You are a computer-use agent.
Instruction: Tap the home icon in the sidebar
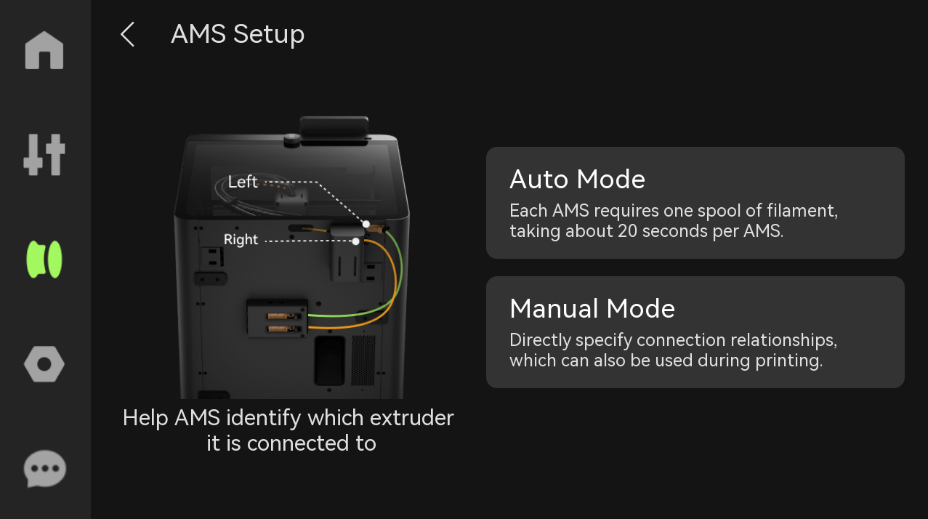point(44,50)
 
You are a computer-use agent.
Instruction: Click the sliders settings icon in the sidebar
point(44,155)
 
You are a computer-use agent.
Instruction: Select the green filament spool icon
point(44,259)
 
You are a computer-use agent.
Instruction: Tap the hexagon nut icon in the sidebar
point(44,364)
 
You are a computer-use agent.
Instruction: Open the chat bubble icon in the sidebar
point(45,468)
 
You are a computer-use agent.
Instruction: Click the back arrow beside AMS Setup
point(128,34)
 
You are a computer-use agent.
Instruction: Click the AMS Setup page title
point(238,34)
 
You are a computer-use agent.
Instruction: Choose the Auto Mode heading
point(577,179)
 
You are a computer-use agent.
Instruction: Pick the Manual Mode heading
point(592,308)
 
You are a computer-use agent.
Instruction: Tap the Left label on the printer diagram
point(243,182)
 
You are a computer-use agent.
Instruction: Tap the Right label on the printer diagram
point(241,239)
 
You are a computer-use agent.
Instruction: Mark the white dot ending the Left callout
point(366,225)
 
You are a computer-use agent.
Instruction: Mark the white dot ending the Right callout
point(356,241)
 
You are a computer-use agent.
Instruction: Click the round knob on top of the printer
point(291,140)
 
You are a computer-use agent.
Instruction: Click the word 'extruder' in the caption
point(412,417)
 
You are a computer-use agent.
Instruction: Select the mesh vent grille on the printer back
point(363,361)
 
